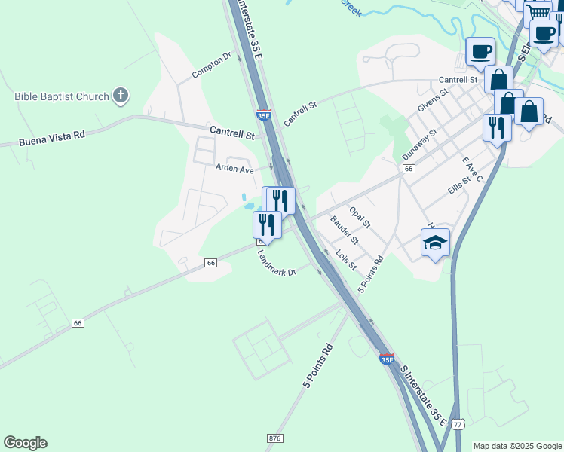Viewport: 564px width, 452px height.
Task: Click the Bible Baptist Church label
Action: tap(62, 96)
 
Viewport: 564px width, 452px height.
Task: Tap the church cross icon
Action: tap(121, 96)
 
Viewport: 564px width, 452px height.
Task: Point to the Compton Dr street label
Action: tap(211, 66)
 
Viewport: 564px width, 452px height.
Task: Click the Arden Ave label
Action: tap(234, 169)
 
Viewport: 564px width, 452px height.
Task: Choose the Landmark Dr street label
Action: tap(277, 263)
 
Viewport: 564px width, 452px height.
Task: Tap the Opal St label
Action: tap(360, 216)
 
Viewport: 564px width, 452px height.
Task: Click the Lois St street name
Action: tap(346, 261)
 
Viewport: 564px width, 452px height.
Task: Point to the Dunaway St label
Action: tap(420, 143)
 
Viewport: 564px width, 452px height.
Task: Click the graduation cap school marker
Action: tap(435, 243)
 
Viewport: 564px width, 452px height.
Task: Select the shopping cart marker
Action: tap(538, 12)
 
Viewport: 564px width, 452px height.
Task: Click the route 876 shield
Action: tap(274, 438)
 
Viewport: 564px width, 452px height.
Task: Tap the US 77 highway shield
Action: tap(458, 424)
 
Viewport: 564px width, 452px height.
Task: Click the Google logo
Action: tap(25, 443)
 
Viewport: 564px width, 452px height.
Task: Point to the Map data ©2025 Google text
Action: tap(517, 446)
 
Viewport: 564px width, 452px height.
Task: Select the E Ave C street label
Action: tap(473, 170)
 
